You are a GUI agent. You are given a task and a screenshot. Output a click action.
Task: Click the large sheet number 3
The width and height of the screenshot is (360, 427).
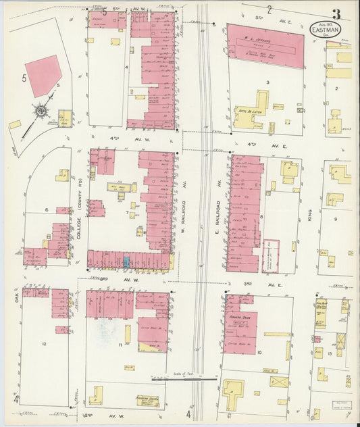(x=336, y=14)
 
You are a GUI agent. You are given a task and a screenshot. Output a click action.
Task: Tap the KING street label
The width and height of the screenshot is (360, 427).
(x=310, y=215)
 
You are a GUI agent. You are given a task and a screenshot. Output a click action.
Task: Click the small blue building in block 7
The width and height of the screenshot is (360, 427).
(x=126, y=261)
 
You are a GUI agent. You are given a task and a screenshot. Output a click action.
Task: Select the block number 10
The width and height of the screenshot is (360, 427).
(x=259, y=352)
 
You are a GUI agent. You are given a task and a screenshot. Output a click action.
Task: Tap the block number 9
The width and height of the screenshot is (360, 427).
(x=335, y=219)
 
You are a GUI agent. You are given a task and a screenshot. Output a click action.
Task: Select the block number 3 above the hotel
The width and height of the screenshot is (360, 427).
(x=267, y=82)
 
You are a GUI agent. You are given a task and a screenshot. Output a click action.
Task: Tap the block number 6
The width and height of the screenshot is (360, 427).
(x=47, y=210)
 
